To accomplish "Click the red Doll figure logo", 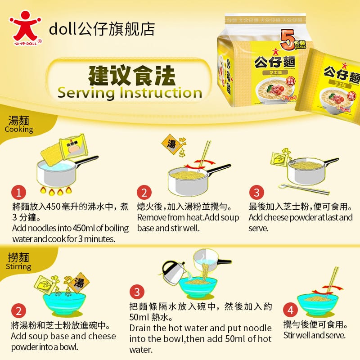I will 25,26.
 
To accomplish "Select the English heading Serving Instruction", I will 129,93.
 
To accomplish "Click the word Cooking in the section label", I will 19,130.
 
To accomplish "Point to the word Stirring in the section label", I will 18,266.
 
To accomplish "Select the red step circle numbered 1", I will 18,193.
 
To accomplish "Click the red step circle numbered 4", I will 291,310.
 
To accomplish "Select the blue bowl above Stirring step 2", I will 64,303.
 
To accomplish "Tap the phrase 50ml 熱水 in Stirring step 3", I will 148,317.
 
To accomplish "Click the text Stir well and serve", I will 314,335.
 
